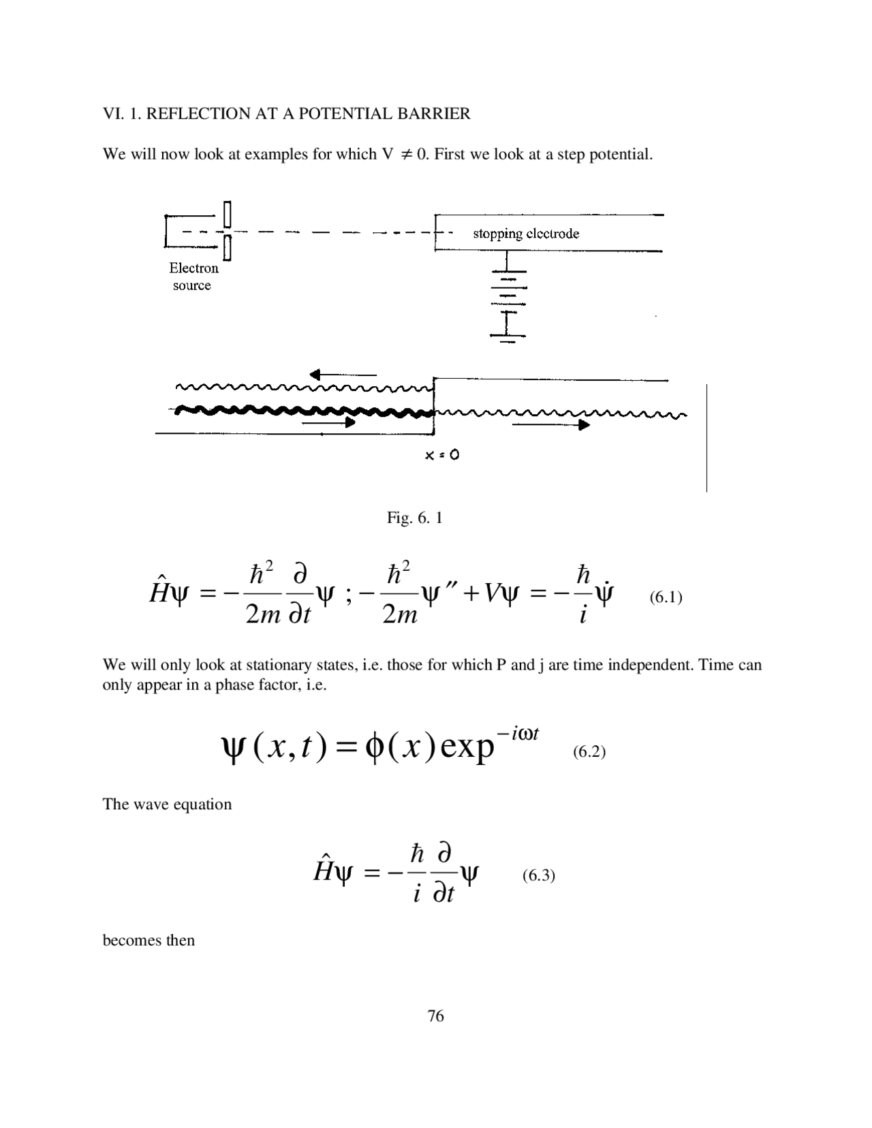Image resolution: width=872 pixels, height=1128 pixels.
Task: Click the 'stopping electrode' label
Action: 526,234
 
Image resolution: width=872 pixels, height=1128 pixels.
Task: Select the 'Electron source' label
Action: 193,277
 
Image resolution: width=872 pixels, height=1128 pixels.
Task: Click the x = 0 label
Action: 441,455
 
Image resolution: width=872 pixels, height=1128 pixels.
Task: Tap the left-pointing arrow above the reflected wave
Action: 342,374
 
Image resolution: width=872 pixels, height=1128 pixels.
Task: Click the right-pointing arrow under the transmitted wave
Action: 550,424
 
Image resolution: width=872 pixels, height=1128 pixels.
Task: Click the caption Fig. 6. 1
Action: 414,518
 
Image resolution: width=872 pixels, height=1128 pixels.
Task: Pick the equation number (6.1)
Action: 665,597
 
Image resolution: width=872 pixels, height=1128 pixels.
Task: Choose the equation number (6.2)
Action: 589,752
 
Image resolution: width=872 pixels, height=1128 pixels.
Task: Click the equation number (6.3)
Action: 538,876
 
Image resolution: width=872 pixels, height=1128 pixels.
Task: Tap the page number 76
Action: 435,1016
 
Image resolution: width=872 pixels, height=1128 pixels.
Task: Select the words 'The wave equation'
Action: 167,804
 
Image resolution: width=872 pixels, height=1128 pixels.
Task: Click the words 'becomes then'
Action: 149,941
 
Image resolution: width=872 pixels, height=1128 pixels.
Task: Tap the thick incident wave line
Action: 300,411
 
